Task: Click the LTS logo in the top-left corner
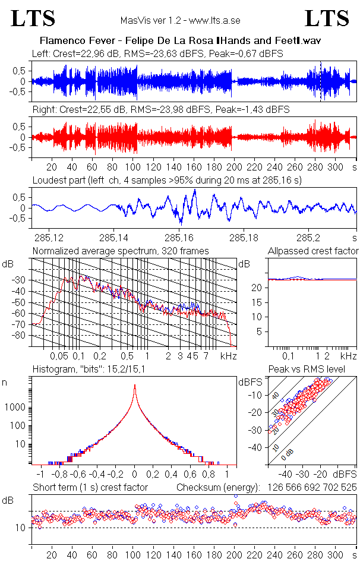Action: click(33, 18)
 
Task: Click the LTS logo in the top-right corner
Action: click(327, 18)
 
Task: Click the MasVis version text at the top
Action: click(180, 21)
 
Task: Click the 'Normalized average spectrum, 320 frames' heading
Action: click(121, 251)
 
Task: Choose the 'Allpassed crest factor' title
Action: click(313, 251)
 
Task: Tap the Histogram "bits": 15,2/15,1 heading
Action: click(89, 370)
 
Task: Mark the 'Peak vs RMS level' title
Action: click(313, 370)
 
